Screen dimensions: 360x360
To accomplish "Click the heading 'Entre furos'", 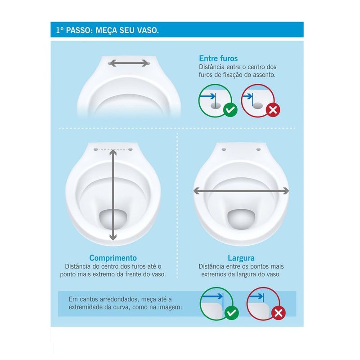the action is pos(218,58).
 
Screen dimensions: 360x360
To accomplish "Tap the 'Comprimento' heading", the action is pos(113,258).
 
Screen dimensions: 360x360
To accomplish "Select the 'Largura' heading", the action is pos(241,258).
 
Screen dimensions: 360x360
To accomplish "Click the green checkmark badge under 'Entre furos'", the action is pos(230,109).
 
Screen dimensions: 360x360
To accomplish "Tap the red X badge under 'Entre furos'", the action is pos(273,110).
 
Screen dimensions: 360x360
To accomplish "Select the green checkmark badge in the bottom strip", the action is pos(232,313).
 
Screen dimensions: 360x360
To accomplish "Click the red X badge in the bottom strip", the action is pos(279,313).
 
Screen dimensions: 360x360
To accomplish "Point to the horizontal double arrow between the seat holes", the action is pos(129,63).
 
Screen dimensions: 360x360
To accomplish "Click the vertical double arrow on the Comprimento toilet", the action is pos(113,195).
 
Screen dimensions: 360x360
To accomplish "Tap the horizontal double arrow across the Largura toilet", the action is pos(241,191).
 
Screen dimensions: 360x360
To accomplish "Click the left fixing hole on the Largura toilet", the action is pos(224,149).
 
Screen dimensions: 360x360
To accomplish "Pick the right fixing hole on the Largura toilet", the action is pos(258,149).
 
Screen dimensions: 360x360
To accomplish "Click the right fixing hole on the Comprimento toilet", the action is pos(130,149).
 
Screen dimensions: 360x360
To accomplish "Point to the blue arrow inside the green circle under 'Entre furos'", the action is pos(208,96).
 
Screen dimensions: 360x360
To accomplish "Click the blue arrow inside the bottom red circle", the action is pos(256,297).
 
